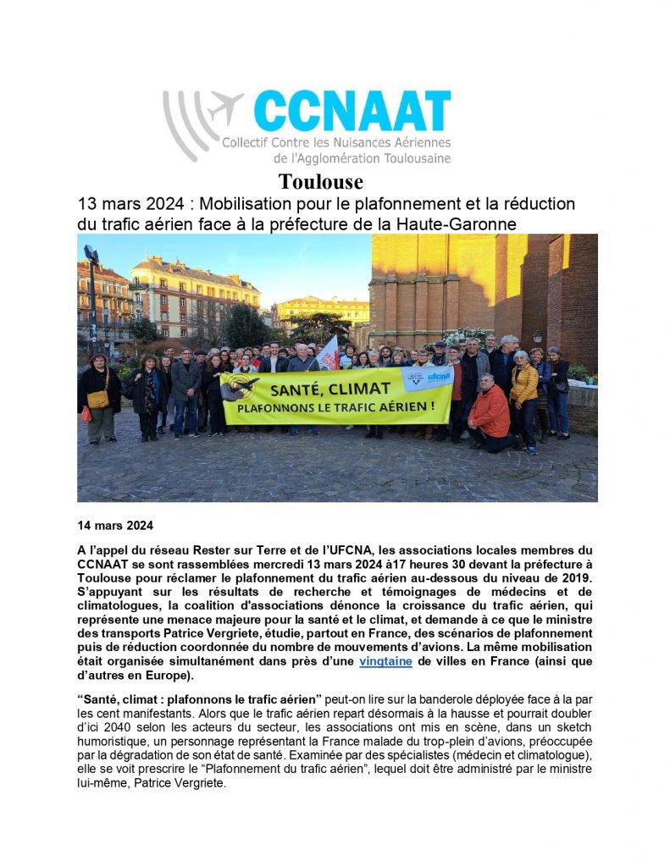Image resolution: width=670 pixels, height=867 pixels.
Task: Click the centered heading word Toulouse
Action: pyautogui.click(x=321, y=182)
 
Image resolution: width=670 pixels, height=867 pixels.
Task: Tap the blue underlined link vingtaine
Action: pyautogui.click(x=385, y=661)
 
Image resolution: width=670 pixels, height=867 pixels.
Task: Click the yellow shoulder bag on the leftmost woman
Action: pyautogui.click(x=98, y=399)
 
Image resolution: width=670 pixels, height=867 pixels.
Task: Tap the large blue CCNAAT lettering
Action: pyautogui.click(x=351, y=113)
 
